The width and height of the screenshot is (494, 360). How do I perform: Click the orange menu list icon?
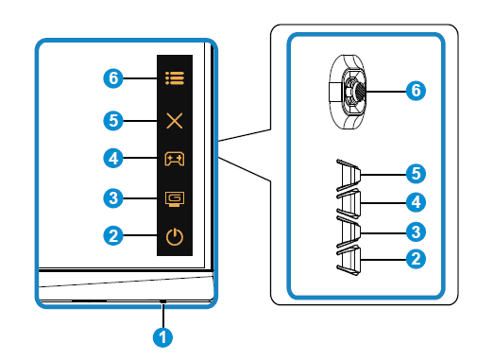(175, 78)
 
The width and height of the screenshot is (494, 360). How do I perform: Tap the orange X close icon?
(175, 121)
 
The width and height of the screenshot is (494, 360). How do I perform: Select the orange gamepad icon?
(175, 159)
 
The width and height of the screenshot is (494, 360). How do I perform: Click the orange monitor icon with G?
(175, 199)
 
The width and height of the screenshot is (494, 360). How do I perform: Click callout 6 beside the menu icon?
(113, 78)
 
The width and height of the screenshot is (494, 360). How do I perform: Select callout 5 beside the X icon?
(113, 121)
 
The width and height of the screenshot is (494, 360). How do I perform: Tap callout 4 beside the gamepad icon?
(113, 158)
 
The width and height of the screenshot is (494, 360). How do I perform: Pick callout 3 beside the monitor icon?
(113, 198)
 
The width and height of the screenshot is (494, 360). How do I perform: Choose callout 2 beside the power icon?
(113, 235)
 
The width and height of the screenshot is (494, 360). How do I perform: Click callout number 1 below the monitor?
(162, 337)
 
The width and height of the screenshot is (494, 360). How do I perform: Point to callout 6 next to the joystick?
(416, 91)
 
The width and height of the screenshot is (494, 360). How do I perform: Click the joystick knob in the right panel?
(358, 91)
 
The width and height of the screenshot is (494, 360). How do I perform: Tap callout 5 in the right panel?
(416, 173)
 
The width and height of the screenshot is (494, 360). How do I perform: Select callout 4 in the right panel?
(416, 202)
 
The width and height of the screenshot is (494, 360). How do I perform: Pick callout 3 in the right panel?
(416, 232)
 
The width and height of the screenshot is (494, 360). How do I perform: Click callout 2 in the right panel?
(416, 259)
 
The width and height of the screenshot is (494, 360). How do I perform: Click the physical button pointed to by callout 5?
(349, 175)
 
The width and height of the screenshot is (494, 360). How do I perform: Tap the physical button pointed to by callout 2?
(349, 261)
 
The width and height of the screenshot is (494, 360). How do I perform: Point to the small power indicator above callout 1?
(162, 301)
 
